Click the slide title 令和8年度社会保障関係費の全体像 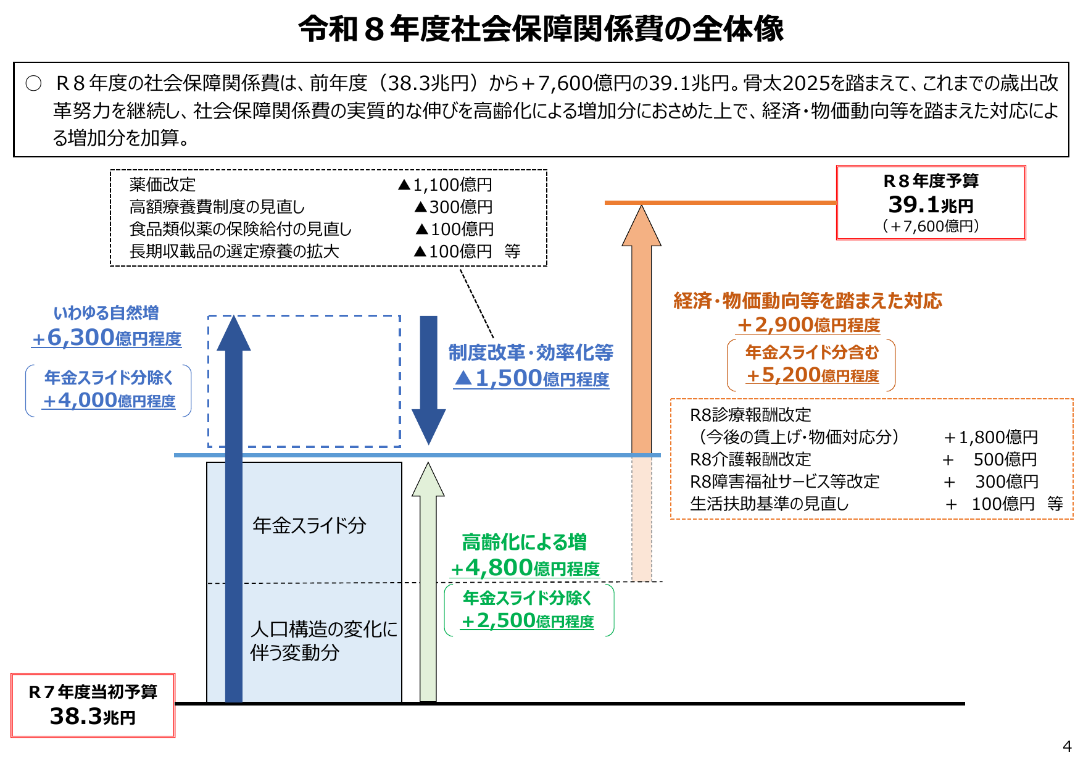541,29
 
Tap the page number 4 1067,746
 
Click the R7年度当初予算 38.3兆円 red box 93,705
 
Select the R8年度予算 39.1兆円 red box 931,202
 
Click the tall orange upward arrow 642,346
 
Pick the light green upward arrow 428,586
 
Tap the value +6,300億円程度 107,338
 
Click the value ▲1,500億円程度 531,378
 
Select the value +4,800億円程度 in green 525,568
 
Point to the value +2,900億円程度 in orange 808,325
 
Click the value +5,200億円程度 812,375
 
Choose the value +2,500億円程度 528,620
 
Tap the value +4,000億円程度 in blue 109,401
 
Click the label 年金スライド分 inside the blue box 309,525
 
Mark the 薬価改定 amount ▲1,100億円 445,185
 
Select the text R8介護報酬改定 750,459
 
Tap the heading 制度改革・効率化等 531,352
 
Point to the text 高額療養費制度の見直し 217,207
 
